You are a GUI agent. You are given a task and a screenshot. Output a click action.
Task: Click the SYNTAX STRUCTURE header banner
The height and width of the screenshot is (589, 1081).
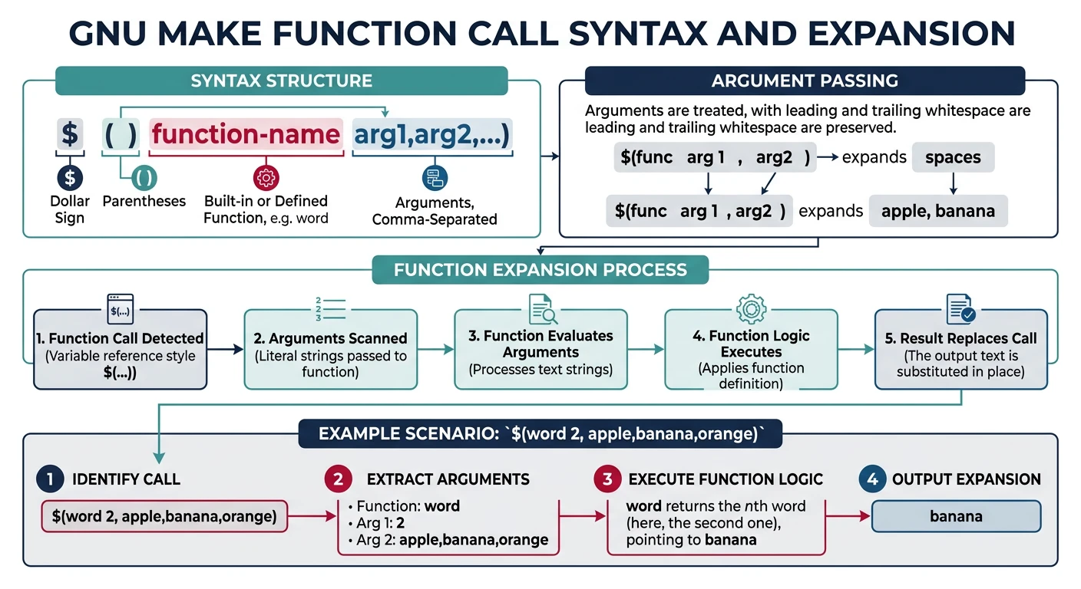(281, 81)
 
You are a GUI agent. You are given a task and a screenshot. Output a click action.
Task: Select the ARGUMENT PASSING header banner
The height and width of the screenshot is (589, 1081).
(805, 81)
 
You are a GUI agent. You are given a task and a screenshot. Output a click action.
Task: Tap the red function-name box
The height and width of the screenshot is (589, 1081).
(246, 135)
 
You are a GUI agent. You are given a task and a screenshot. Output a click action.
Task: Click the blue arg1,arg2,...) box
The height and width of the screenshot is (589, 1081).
(432, 135)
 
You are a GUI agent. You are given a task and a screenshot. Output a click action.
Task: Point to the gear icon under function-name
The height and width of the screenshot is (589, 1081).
(266, 178)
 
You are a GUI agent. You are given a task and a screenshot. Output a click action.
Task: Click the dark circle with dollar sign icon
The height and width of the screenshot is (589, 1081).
(70, 178)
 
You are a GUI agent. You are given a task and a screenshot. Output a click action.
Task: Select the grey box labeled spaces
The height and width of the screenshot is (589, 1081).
(953, 157)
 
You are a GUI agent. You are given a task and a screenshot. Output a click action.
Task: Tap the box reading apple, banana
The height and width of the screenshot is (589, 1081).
(937, 211)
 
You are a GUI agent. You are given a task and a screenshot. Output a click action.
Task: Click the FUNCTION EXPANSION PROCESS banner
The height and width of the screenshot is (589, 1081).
(540, 270)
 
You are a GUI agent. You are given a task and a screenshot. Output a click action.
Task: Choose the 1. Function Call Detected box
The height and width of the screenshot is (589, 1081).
(121, 349)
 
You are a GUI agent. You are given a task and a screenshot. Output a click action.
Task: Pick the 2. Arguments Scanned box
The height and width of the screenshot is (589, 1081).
(330, 349)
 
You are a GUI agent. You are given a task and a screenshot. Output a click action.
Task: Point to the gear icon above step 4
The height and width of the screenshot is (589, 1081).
(751, 308)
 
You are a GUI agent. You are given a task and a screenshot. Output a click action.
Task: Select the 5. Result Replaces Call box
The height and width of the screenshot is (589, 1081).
(961, 349)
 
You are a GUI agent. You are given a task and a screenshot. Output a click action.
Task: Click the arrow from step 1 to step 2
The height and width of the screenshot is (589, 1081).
(225, 349)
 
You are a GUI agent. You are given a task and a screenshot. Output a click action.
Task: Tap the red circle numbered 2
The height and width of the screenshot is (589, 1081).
(337, 479)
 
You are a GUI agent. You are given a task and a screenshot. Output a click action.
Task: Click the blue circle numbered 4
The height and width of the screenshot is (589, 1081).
(871, 479)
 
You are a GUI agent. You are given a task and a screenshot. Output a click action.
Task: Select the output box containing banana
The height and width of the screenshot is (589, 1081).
(956, 516)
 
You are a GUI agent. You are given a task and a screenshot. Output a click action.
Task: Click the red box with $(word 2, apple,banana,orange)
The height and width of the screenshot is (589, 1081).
(164, 516)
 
